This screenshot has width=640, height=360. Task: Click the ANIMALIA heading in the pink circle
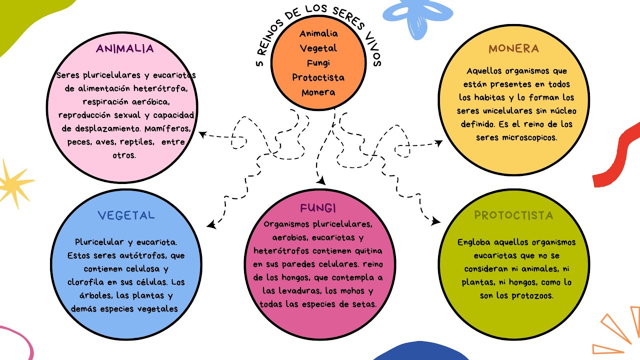point(125,49)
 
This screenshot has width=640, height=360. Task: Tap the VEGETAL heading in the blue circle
point(126,215)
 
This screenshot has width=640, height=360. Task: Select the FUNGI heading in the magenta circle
point(318,208)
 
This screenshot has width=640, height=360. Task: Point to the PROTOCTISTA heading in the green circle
point(513,215)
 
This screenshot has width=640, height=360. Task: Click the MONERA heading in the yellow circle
point(513,48)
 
